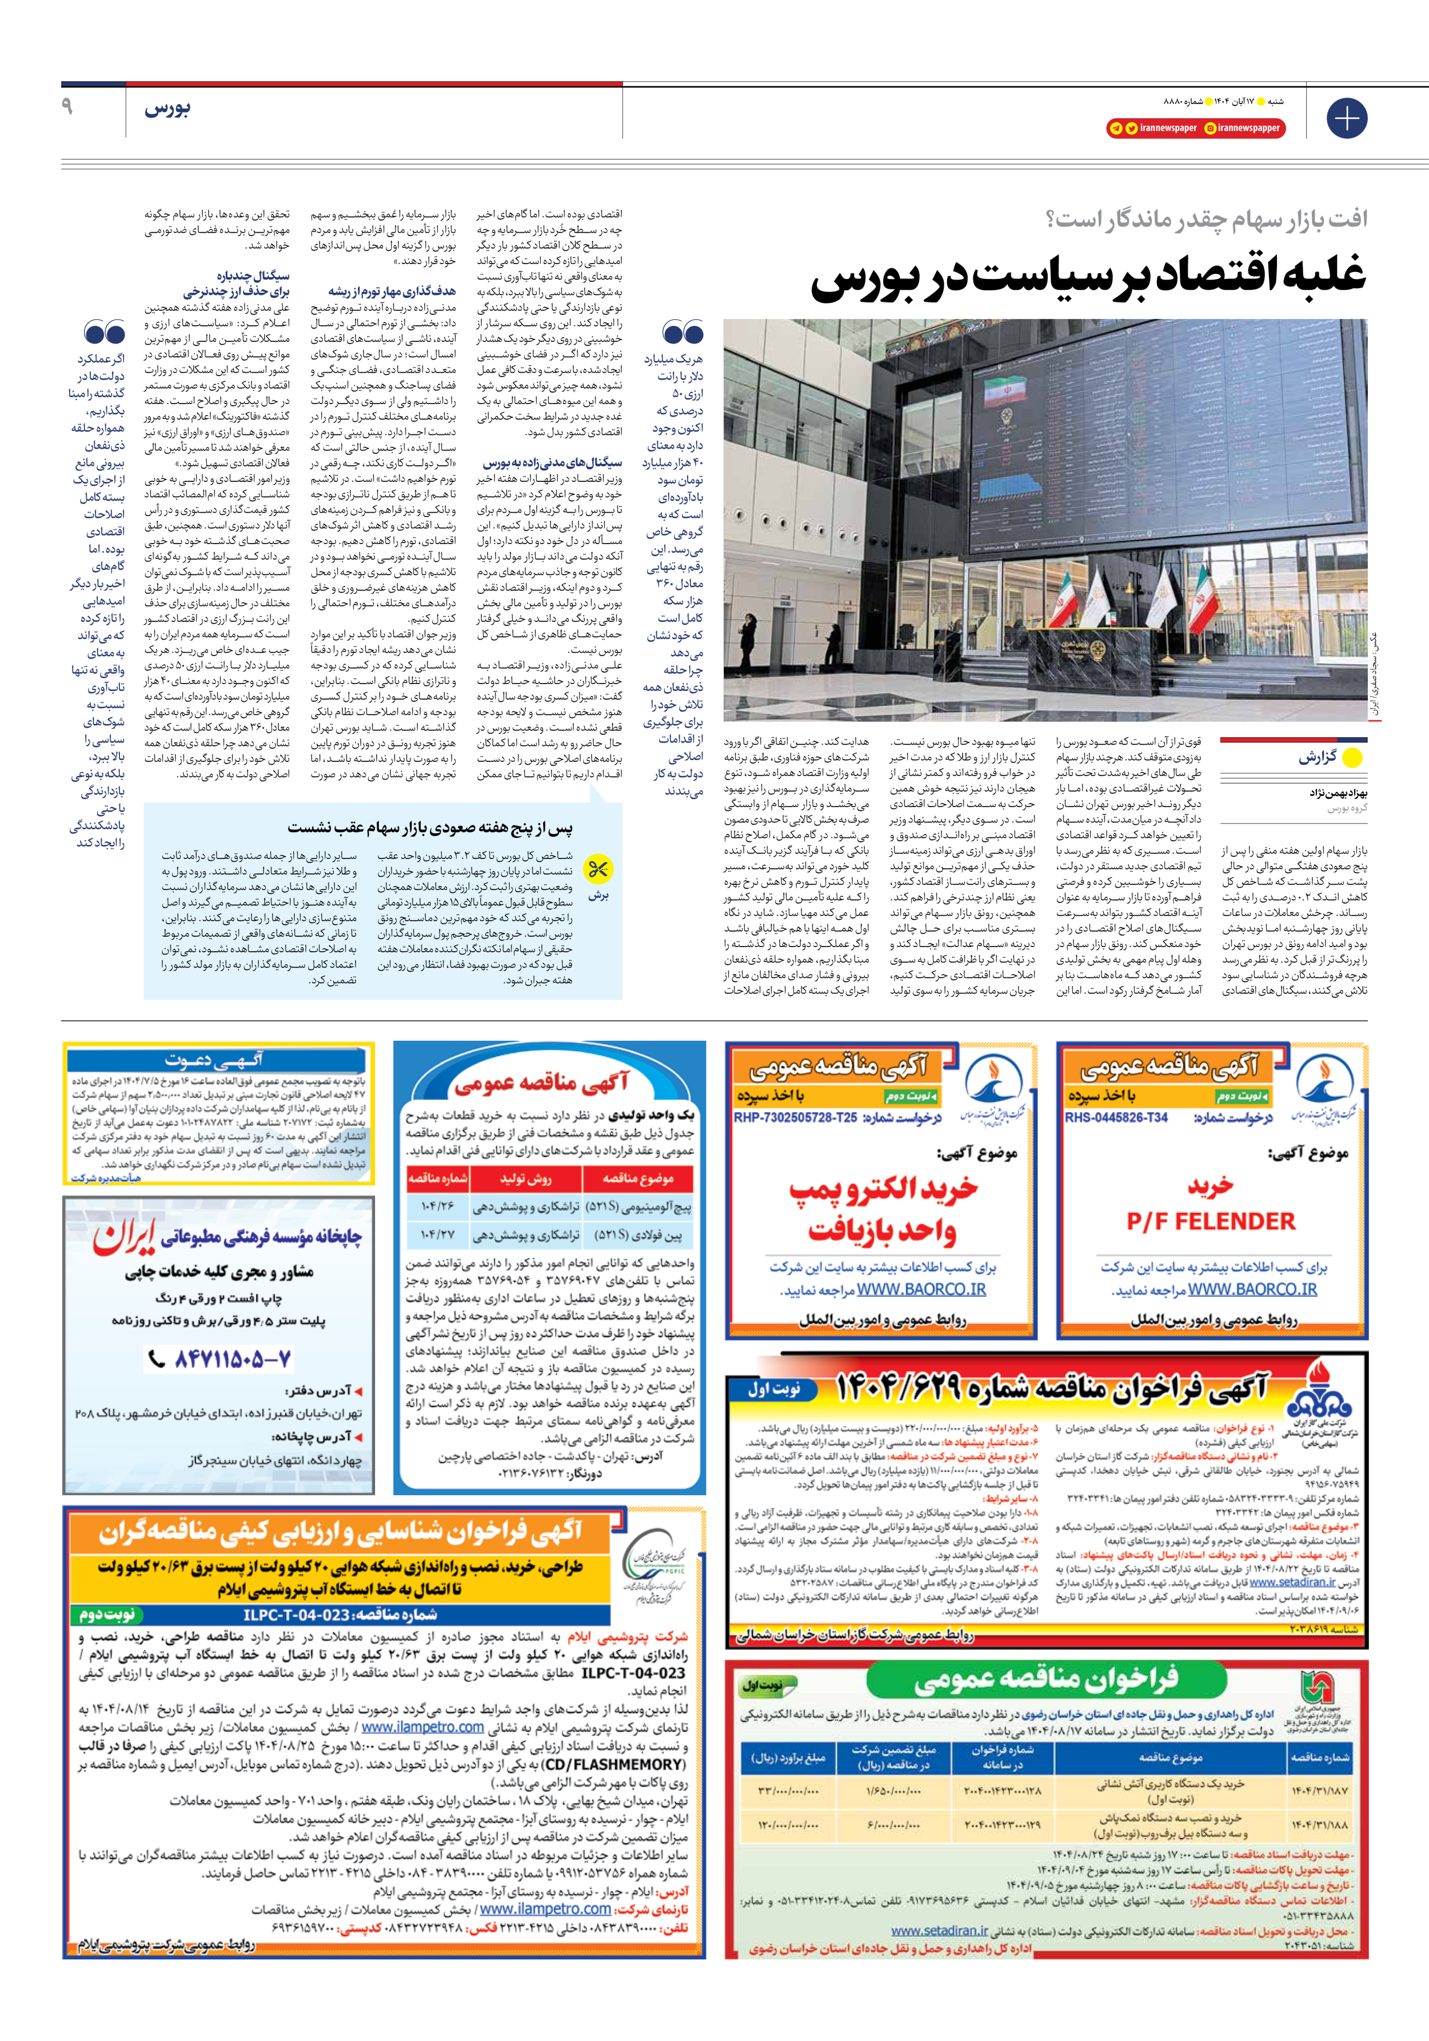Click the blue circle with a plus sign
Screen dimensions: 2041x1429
(x=1346, y=118)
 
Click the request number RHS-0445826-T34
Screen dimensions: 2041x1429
(x=1116, y=1117)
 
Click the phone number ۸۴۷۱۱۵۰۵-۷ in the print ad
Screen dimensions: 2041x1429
(x=231, y=1359)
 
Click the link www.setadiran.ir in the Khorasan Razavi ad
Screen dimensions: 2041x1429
(x=939, y=1931)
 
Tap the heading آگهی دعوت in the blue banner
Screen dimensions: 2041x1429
(x=213, y=1060)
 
